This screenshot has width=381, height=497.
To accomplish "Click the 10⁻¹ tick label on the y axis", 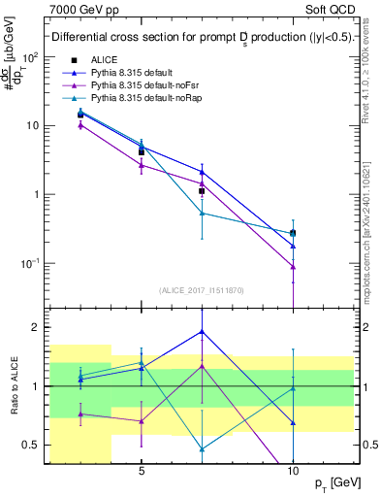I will click(x=30, y=264).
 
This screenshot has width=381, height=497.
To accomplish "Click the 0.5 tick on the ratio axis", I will click(x=30, y=445).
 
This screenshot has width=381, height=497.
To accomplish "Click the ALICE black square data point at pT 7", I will click(x=202, y=191).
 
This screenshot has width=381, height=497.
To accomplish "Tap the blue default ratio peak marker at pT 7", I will click(x=202, y=331).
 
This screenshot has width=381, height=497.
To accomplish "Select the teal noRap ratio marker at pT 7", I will click(x=202, y=448).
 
